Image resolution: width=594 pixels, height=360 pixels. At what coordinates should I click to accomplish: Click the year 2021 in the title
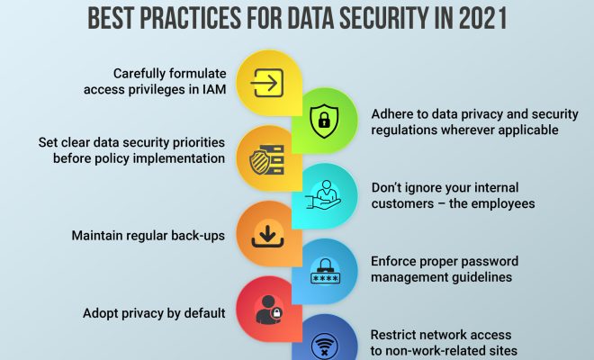pos(483,18)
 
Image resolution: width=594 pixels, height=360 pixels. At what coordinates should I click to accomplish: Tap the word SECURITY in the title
pos(385,18)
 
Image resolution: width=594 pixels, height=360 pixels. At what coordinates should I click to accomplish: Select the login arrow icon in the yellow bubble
pos(267,83)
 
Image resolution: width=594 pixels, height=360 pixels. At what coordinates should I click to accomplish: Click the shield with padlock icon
pos(324,121)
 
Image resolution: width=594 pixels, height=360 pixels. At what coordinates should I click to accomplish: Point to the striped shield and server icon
pos(266,159)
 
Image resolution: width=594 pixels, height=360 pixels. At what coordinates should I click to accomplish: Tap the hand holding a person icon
pos(323,195)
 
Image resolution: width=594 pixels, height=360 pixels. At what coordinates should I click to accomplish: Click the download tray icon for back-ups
pos(267,236)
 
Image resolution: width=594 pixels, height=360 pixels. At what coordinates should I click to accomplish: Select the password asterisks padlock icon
pos(325,271)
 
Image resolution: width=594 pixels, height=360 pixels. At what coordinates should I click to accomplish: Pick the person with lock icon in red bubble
pos(269,310)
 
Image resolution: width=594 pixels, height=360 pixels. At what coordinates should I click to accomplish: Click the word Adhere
pos(391,114)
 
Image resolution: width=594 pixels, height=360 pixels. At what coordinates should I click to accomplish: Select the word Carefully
pos(139,74)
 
